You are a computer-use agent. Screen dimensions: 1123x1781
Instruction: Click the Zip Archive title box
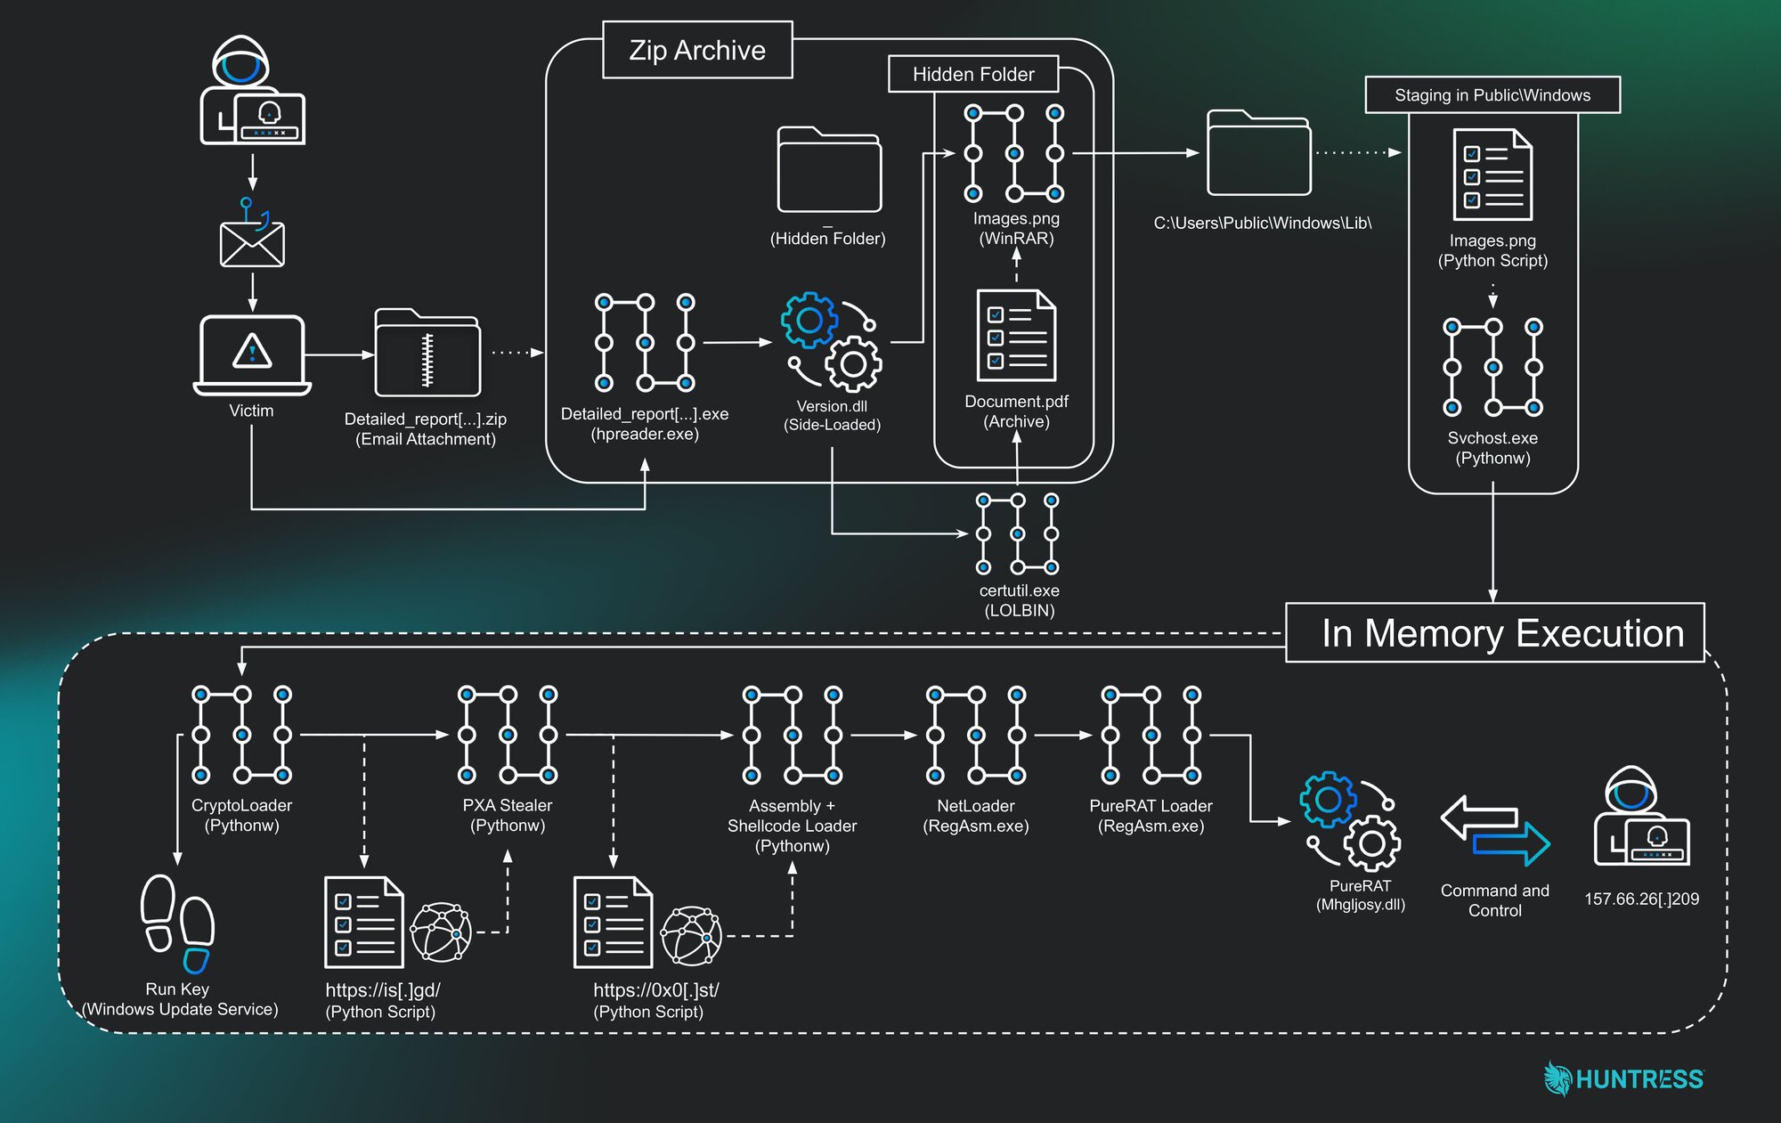697,50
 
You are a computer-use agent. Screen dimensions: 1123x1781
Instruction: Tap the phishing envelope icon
252,242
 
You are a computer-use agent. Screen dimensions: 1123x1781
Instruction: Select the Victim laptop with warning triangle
252,354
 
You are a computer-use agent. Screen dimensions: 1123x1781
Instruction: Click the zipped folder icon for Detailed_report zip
427,354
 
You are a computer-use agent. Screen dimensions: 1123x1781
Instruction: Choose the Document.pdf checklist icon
1016,336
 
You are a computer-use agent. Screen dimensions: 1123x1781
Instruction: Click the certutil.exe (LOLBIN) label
1019,600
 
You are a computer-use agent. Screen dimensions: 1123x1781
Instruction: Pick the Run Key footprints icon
178,924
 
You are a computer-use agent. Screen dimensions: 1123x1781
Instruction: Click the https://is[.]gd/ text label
383,990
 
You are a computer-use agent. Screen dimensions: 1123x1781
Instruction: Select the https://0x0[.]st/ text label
656,990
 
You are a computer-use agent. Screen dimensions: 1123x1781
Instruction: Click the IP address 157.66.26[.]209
1641,899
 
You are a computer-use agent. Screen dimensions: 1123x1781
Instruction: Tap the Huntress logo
1623,1078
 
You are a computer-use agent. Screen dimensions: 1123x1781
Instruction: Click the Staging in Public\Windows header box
1492,95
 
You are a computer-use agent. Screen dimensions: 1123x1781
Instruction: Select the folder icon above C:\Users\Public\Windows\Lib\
1258,153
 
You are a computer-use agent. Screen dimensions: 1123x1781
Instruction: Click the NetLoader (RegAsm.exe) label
976,816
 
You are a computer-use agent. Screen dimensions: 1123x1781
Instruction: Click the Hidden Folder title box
973,74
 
